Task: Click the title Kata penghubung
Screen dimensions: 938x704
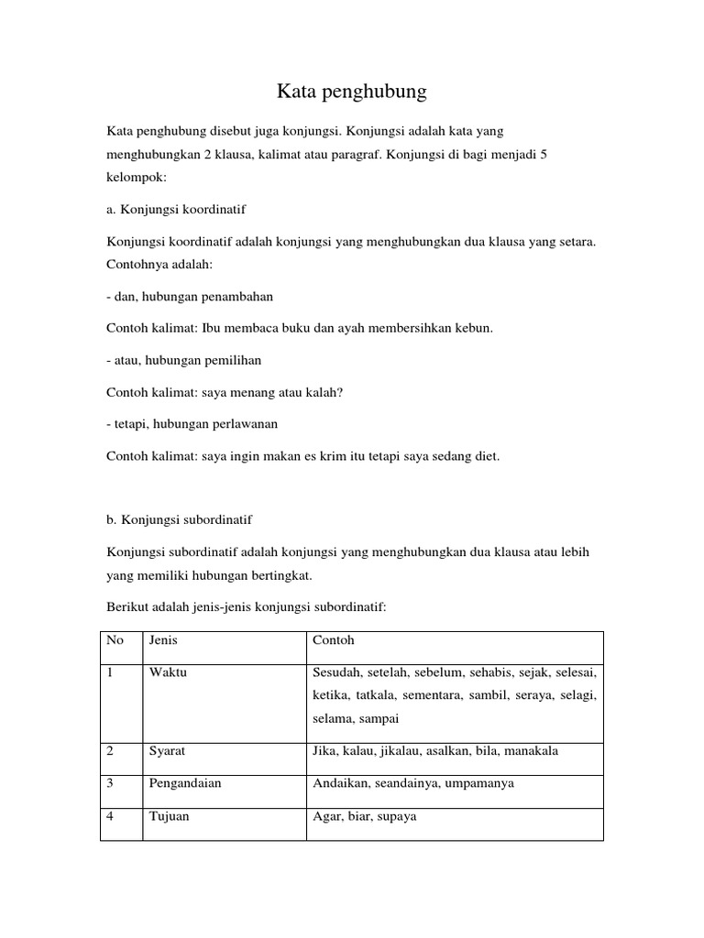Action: coord(352,92)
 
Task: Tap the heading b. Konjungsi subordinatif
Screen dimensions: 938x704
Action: coord(179,519)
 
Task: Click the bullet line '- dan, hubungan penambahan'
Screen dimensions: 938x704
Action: coord(190,297)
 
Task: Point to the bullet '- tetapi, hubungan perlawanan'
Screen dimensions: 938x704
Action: coord(192,424)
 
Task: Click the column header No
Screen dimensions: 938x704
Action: coord(115,640)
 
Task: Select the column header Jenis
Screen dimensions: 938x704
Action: coord(163,640)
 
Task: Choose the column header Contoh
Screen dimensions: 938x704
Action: coord(333,640)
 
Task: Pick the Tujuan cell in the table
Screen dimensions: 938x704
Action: coord(169,815)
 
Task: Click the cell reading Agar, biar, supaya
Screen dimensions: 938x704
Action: coord(364,815)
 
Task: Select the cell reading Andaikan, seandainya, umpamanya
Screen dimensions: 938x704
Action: coord(412,783)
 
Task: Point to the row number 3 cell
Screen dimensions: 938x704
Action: coord(110,783)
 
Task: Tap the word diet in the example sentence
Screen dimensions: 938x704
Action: coord(486,455)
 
